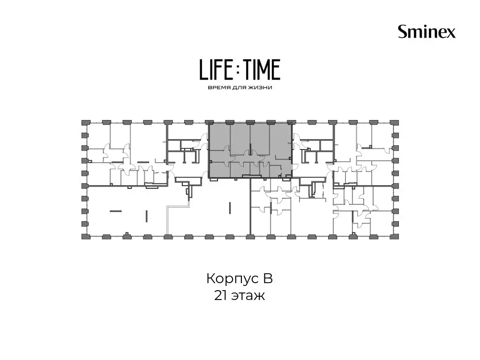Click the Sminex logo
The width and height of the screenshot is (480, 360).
427,32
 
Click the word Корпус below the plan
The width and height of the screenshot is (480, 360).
228,279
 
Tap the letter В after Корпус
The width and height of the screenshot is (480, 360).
268,278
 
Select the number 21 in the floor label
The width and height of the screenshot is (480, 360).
221,296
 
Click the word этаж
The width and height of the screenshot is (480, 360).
248,296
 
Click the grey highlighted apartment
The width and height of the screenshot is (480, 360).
250,150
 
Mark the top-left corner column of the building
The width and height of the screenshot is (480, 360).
84,122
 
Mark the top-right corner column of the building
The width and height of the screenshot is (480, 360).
396,122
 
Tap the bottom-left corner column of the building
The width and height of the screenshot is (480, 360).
84,236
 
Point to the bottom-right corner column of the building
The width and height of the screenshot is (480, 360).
396,236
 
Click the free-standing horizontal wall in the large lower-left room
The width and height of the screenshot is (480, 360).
116,211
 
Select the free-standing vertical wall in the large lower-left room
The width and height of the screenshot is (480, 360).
147,216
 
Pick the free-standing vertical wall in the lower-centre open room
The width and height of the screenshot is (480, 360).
230,208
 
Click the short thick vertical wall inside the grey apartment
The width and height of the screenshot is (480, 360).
250,149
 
